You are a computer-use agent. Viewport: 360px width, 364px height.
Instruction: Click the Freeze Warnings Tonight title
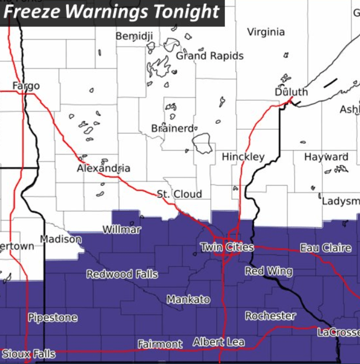coord(112,12)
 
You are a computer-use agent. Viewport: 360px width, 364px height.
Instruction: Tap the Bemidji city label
coord(135,37)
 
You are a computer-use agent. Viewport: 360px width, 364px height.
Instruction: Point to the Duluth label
coord(291,92)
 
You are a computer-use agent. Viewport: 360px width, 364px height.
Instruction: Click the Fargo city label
coord(26,86)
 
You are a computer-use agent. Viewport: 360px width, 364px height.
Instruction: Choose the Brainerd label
coord(171,129)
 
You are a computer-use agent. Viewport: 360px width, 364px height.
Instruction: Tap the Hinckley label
coord(243,157)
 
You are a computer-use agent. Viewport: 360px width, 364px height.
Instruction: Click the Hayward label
coord(326,157)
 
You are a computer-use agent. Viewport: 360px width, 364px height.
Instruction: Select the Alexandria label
coord(103,169)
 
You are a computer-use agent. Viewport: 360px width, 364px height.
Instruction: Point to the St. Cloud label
coord(179,194)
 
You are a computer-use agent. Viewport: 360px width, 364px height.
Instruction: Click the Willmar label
coord(122,230)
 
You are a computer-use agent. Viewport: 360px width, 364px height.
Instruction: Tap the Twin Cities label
coord(227,248)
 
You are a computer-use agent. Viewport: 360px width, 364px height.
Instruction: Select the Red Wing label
coord(268,271)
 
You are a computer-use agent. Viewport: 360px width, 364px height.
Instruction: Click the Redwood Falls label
coord(122,274)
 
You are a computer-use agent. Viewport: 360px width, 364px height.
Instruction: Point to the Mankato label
coord(189,299)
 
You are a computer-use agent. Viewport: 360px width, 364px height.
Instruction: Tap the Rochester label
coord(271,316)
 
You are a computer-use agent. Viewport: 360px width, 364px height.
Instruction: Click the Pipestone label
coord(53,318)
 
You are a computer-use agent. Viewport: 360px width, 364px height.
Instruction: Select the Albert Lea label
coord(219,342)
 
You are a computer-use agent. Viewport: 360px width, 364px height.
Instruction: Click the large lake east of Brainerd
coord(203,144)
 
